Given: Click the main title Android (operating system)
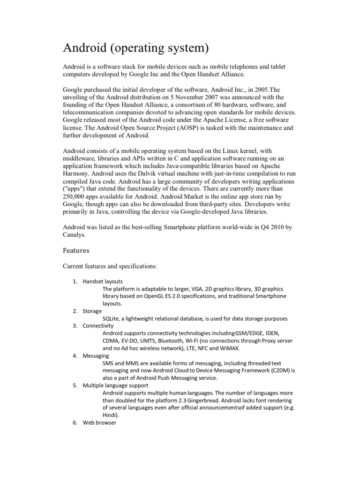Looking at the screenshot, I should point(136,48).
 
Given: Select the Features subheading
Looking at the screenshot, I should point(76,251).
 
